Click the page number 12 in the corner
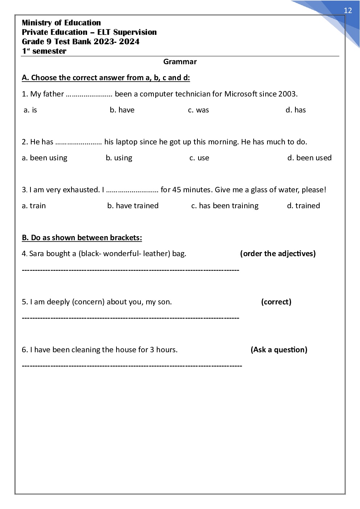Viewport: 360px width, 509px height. [348, 11]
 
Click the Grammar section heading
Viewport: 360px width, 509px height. [180, 62]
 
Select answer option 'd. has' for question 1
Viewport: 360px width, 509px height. [296, 110]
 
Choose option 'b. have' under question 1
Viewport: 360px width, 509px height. [122, 110]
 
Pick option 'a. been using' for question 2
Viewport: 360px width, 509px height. [45, 158]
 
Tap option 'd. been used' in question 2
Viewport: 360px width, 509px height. [310, 158]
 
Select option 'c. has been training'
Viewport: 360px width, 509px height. [225, 206]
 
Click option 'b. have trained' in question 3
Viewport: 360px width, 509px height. [133, 206]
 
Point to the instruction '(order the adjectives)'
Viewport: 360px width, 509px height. [278, 254]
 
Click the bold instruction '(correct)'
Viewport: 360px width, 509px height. [276, 302]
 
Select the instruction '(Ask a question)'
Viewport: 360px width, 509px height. [279, 350]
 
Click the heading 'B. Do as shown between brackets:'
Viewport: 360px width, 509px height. [82, 238]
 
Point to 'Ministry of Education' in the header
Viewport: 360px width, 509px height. [61, 23]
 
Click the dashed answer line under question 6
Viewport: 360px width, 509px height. [132, 366]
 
